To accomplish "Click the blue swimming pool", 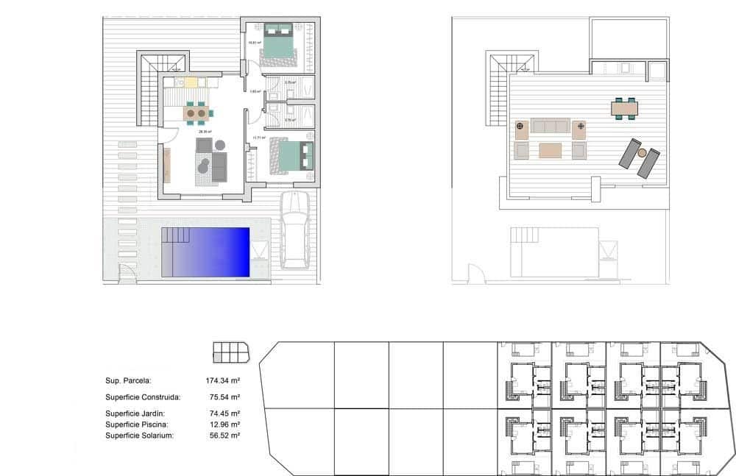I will pyautogui.click(x=213, y=252).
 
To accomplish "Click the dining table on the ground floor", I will pyautogui.click(x=196, y=113).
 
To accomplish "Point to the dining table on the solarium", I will pyautogui.click(x=625, y=108).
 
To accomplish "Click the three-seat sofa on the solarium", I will pyautogui.click(x=550, y=126).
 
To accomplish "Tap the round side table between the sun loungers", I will pyautogui.click(x=642, y=153).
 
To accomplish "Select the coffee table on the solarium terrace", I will pyautogui.click(x=550, y=150).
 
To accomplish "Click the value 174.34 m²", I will pyautogui.click(x=224, y=380).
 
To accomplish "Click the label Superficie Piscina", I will pyautogui.click(x=137, y=425).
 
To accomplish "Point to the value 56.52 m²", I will pyautogui.click(x=224, y=435).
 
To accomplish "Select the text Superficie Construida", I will pyautogui.click(x=143, y=397).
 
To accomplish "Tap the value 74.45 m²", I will pyautogui.click(x=224, y=414).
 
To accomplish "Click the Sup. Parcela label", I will pyautogui.click(x=128, y=380).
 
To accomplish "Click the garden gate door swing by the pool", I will pyautogui.click(x=127, y=274).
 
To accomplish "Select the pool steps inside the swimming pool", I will pyautogui.click(x=176, y=236).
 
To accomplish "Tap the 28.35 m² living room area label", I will pyautogui.click(x=204, y=132).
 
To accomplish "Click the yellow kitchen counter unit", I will pyautogui.click(x=191, y=82).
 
